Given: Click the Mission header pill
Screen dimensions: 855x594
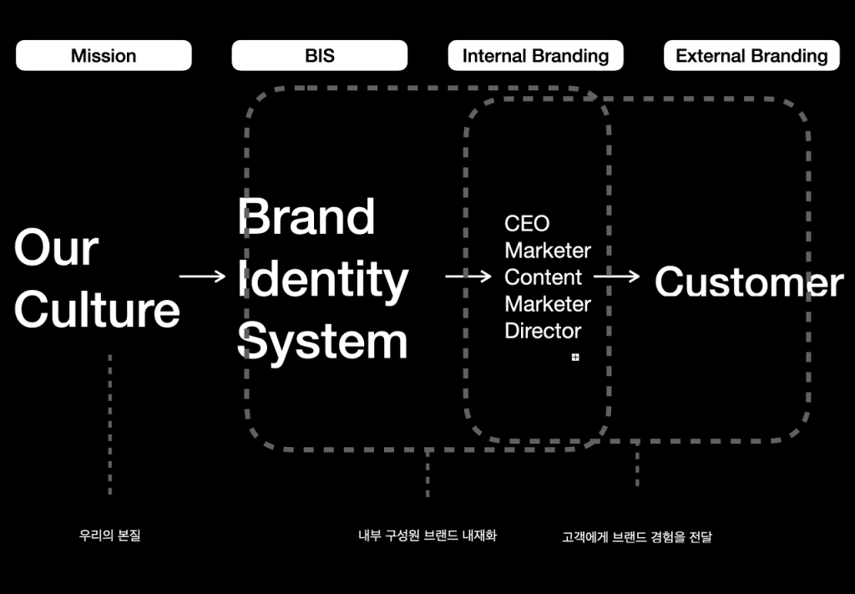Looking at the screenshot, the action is pos(104,55).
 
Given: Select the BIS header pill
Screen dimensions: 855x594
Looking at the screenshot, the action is pos(320,55).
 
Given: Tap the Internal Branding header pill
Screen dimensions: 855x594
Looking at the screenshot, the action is pos(535,55).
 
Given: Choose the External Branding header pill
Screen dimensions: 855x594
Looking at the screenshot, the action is pos(751,55).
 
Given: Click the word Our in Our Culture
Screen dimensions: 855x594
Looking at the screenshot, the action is pos(56,247).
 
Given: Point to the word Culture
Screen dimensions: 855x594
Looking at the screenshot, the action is pos(97,309).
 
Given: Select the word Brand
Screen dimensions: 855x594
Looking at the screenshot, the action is pos(306,216).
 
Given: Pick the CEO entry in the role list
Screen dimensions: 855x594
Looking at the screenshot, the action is pos(527,223).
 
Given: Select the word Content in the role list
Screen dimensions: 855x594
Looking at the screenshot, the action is pos(543,277).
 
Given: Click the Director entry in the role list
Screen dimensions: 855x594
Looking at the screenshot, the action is pos(543,331).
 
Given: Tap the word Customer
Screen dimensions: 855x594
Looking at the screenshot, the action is pos(749,282).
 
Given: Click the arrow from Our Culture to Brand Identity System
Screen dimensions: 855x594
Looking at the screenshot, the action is pos(202,277).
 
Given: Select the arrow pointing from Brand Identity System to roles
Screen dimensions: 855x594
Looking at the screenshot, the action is pos(468,277).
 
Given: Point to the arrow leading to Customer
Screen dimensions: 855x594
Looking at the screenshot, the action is pos(617,277).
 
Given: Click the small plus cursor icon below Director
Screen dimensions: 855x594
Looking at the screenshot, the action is pos(575,358).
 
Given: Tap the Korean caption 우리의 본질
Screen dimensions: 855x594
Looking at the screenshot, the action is pos(109,535).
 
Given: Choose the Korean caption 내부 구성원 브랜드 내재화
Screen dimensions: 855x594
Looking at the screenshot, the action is pos(427,535).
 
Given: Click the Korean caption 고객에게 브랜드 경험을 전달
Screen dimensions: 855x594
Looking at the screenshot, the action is pos(637,536).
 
